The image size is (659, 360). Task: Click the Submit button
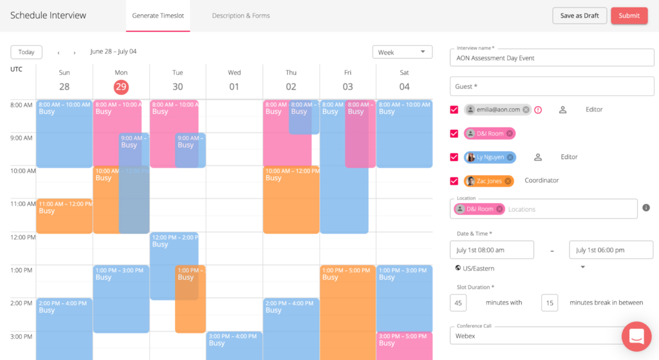629,15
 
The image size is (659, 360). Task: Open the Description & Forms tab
241,15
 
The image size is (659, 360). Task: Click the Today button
26,52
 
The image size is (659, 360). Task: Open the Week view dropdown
403,52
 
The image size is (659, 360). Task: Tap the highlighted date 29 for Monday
121,87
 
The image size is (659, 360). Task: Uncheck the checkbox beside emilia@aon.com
454,109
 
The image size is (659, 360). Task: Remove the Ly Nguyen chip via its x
510,157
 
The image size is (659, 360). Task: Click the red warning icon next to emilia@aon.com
538,109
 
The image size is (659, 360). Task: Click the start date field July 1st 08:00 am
492,250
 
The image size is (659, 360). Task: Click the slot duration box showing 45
459,303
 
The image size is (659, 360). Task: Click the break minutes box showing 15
549,303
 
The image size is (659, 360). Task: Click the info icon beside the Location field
646,208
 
